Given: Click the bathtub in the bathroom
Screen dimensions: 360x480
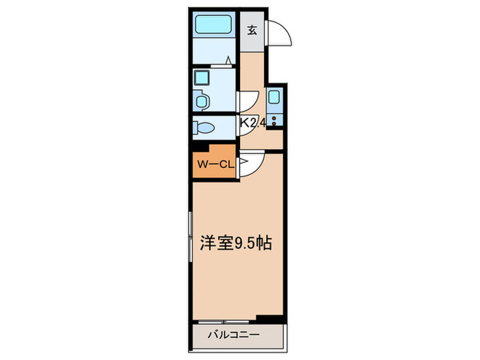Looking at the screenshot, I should (215, 25).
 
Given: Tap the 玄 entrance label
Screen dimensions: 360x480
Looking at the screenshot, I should (252, 30).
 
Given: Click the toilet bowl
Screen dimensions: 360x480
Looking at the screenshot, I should (204, 128).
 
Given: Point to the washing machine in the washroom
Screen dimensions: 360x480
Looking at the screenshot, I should (203, 100).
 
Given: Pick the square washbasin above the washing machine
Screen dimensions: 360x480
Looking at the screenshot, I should (202, 77).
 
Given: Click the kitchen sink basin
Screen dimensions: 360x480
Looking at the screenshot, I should (274, 97).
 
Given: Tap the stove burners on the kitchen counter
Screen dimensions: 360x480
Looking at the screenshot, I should (274, 121).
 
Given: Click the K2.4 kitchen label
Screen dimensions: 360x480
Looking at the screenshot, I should (252, 123).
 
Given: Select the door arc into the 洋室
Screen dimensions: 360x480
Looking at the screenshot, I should (252, 163).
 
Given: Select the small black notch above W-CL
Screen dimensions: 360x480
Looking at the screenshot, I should (199, 147).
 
